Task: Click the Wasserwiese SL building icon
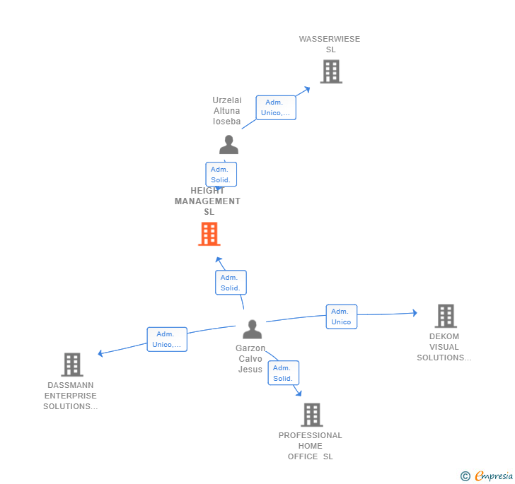coord(331,71)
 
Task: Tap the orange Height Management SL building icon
coord(209,234)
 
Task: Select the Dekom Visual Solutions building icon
coord(445,316)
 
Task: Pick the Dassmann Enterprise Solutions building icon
coord(71,365)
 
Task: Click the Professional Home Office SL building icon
coord(311,415)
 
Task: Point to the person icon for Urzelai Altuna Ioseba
coord(228,145)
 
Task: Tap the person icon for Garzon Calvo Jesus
coord(252,329)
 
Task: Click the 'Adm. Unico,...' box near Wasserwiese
coord(276,107)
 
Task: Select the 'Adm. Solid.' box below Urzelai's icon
coord(221,175)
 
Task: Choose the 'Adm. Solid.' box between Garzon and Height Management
coord(231,283)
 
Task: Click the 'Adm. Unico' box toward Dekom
coord(341,317)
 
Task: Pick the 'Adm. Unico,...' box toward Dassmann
coord(167,339)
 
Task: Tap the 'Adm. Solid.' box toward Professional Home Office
coord(283,373)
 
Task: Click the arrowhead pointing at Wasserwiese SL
coord(306,89)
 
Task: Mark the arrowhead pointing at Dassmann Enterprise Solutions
coord(101,353)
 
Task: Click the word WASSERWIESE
coord(330,40)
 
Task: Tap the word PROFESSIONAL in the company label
coord(310,436)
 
